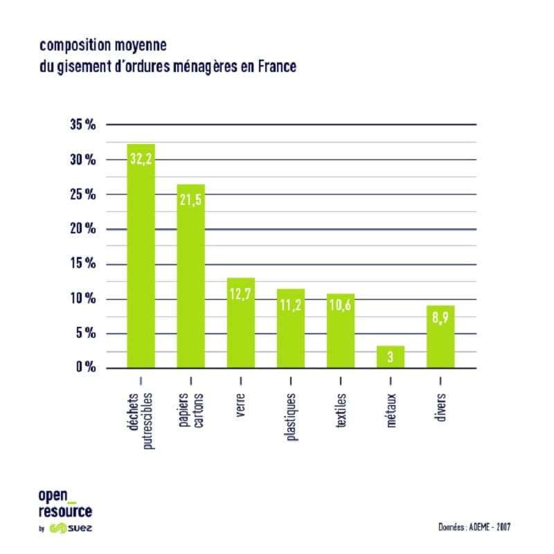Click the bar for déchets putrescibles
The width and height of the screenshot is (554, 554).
pyautogui.click(x=141, y=256)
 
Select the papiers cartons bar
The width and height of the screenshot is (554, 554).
pyautogui.click(x=190, y=277)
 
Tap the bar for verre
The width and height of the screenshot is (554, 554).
pyautogui.click(x=241, y=323)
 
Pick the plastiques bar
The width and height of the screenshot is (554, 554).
pyautogui.click(x=291, y=328)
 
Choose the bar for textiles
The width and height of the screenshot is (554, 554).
pyautogui.click(x=341, y=330)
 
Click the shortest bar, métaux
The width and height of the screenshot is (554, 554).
pyautogui.click(x=391, y=357)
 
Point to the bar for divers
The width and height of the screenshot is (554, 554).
pyautogui.click(x=440, y=337)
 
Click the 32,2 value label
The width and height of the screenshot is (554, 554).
pyautogui.click(x=141, y=159)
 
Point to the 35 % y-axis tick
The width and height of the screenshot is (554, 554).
pyautogui.click(x=82, y=125)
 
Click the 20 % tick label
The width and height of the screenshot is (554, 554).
pyautogui.click(x=82, y=229)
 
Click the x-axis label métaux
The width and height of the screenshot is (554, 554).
pyautogui.click(x=391, y=411)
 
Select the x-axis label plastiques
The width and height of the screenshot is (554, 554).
pyautogui.click(x=292, y=416)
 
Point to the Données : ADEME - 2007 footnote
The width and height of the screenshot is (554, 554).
pyautogui.click(x=474, y=528)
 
